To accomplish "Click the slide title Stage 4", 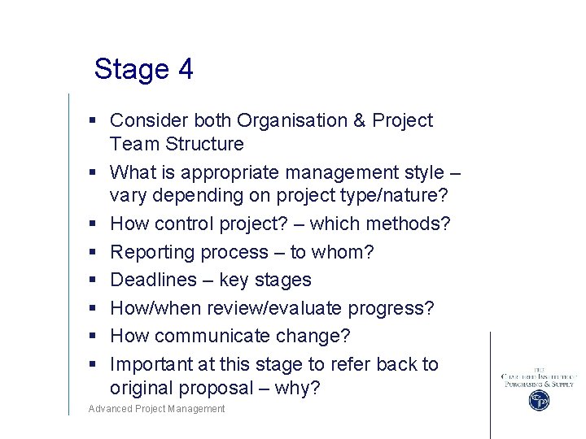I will pos(143,69).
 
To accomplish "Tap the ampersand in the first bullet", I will pos(359,121).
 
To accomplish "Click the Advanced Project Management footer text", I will pos(157,409).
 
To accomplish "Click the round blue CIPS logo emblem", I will pos(538,400).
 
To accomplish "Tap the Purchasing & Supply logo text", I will pos(538,383).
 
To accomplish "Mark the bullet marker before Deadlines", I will pos(94,280).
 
